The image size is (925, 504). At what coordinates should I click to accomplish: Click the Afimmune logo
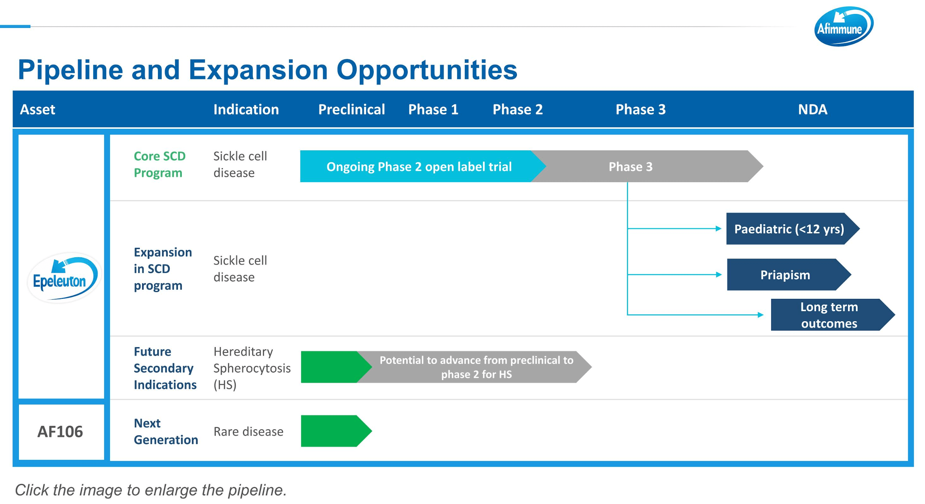point(843,26)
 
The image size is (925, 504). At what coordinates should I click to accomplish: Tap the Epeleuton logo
point(63,278)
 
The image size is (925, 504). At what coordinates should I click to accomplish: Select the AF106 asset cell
point(61,432)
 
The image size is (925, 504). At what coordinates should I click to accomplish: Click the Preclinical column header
point(351,110)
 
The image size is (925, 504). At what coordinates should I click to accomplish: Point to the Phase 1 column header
point(433,110)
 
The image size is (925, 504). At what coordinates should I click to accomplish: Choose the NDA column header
point(812,110)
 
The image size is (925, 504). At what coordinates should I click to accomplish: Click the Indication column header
point(246,110)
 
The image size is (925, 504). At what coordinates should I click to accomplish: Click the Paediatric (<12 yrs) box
point(793,229)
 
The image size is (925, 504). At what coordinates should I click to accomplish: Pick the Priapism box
point(789,275)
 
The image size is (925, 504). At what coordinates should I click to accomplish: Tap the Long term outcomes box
point(833,315)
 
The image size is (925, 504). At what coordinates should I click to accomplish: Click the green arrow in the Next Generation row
point(336,431)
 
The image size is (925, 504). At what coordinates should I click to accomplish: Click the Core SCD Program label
point(159,164)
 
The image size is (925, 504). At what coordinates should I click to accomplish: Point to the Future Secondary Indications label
point(165,368)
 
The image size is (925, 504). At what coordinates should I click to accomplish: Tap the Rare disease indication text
point(248,431)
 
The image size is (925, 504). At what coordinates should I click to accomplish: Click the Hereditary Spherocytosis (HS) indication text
point(252,368)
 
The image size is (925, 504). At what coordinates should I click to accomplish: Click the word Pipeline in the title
point(70,70)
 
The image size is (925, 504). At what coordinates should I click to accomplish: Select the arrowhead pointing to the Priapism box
point(719,275)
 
